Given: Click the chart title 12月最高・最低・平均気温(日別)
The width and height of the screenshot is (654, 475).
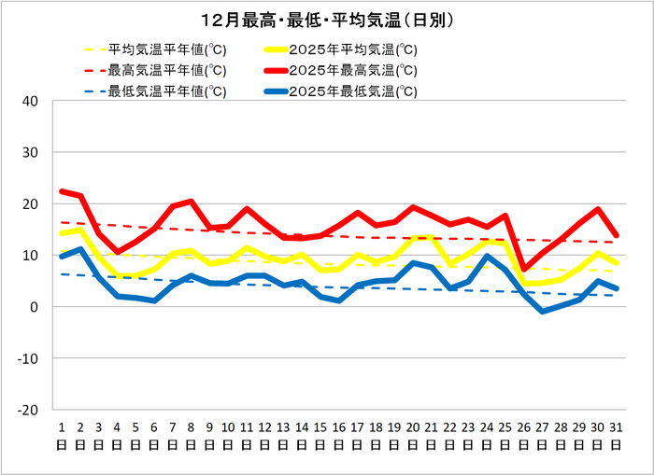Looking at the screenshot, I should tap(327, 19).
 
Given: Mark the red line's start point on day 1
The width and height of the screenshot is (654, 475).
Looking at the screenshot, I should tap(62, 191).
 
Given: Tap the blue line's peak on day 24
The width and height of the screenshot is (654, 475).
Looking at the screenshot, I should tap(486, 257).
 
